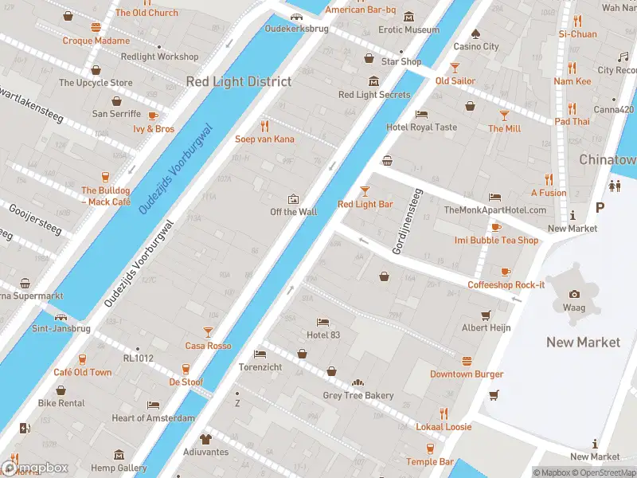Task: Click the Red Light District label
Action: coord(239,81)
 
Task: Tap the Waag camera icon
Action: coord(575,294)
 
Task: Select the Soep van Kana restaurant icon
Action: coord(264,126)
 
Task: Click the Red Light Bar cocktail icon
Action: coord(365,191)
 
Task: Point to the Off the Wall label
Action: coord(293,212)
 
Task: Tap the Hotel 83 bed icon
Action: coord(322,322)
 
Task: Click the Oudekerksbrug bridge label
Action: coord(296,28)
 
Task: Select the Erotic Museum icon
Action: coord(408,18)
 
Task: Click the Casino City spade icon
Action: coord(475,33)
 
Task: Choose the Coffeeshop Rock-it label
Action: coord(506,285)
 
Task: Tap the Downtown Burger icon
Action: coord(467,361)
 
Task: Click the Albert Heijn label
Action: coord(486,327)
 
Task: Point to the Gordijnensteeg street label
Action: coord(404,222)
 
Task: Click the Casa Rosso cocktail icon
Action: coord(208,332)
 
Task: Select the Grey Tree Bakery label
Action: coord(358,396)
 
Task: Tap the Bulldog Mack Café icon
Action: coord(105,178)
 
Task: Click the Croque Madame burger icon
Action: coord(96,27)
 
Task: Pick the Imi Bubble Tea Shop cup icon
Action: coord(496,227)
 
